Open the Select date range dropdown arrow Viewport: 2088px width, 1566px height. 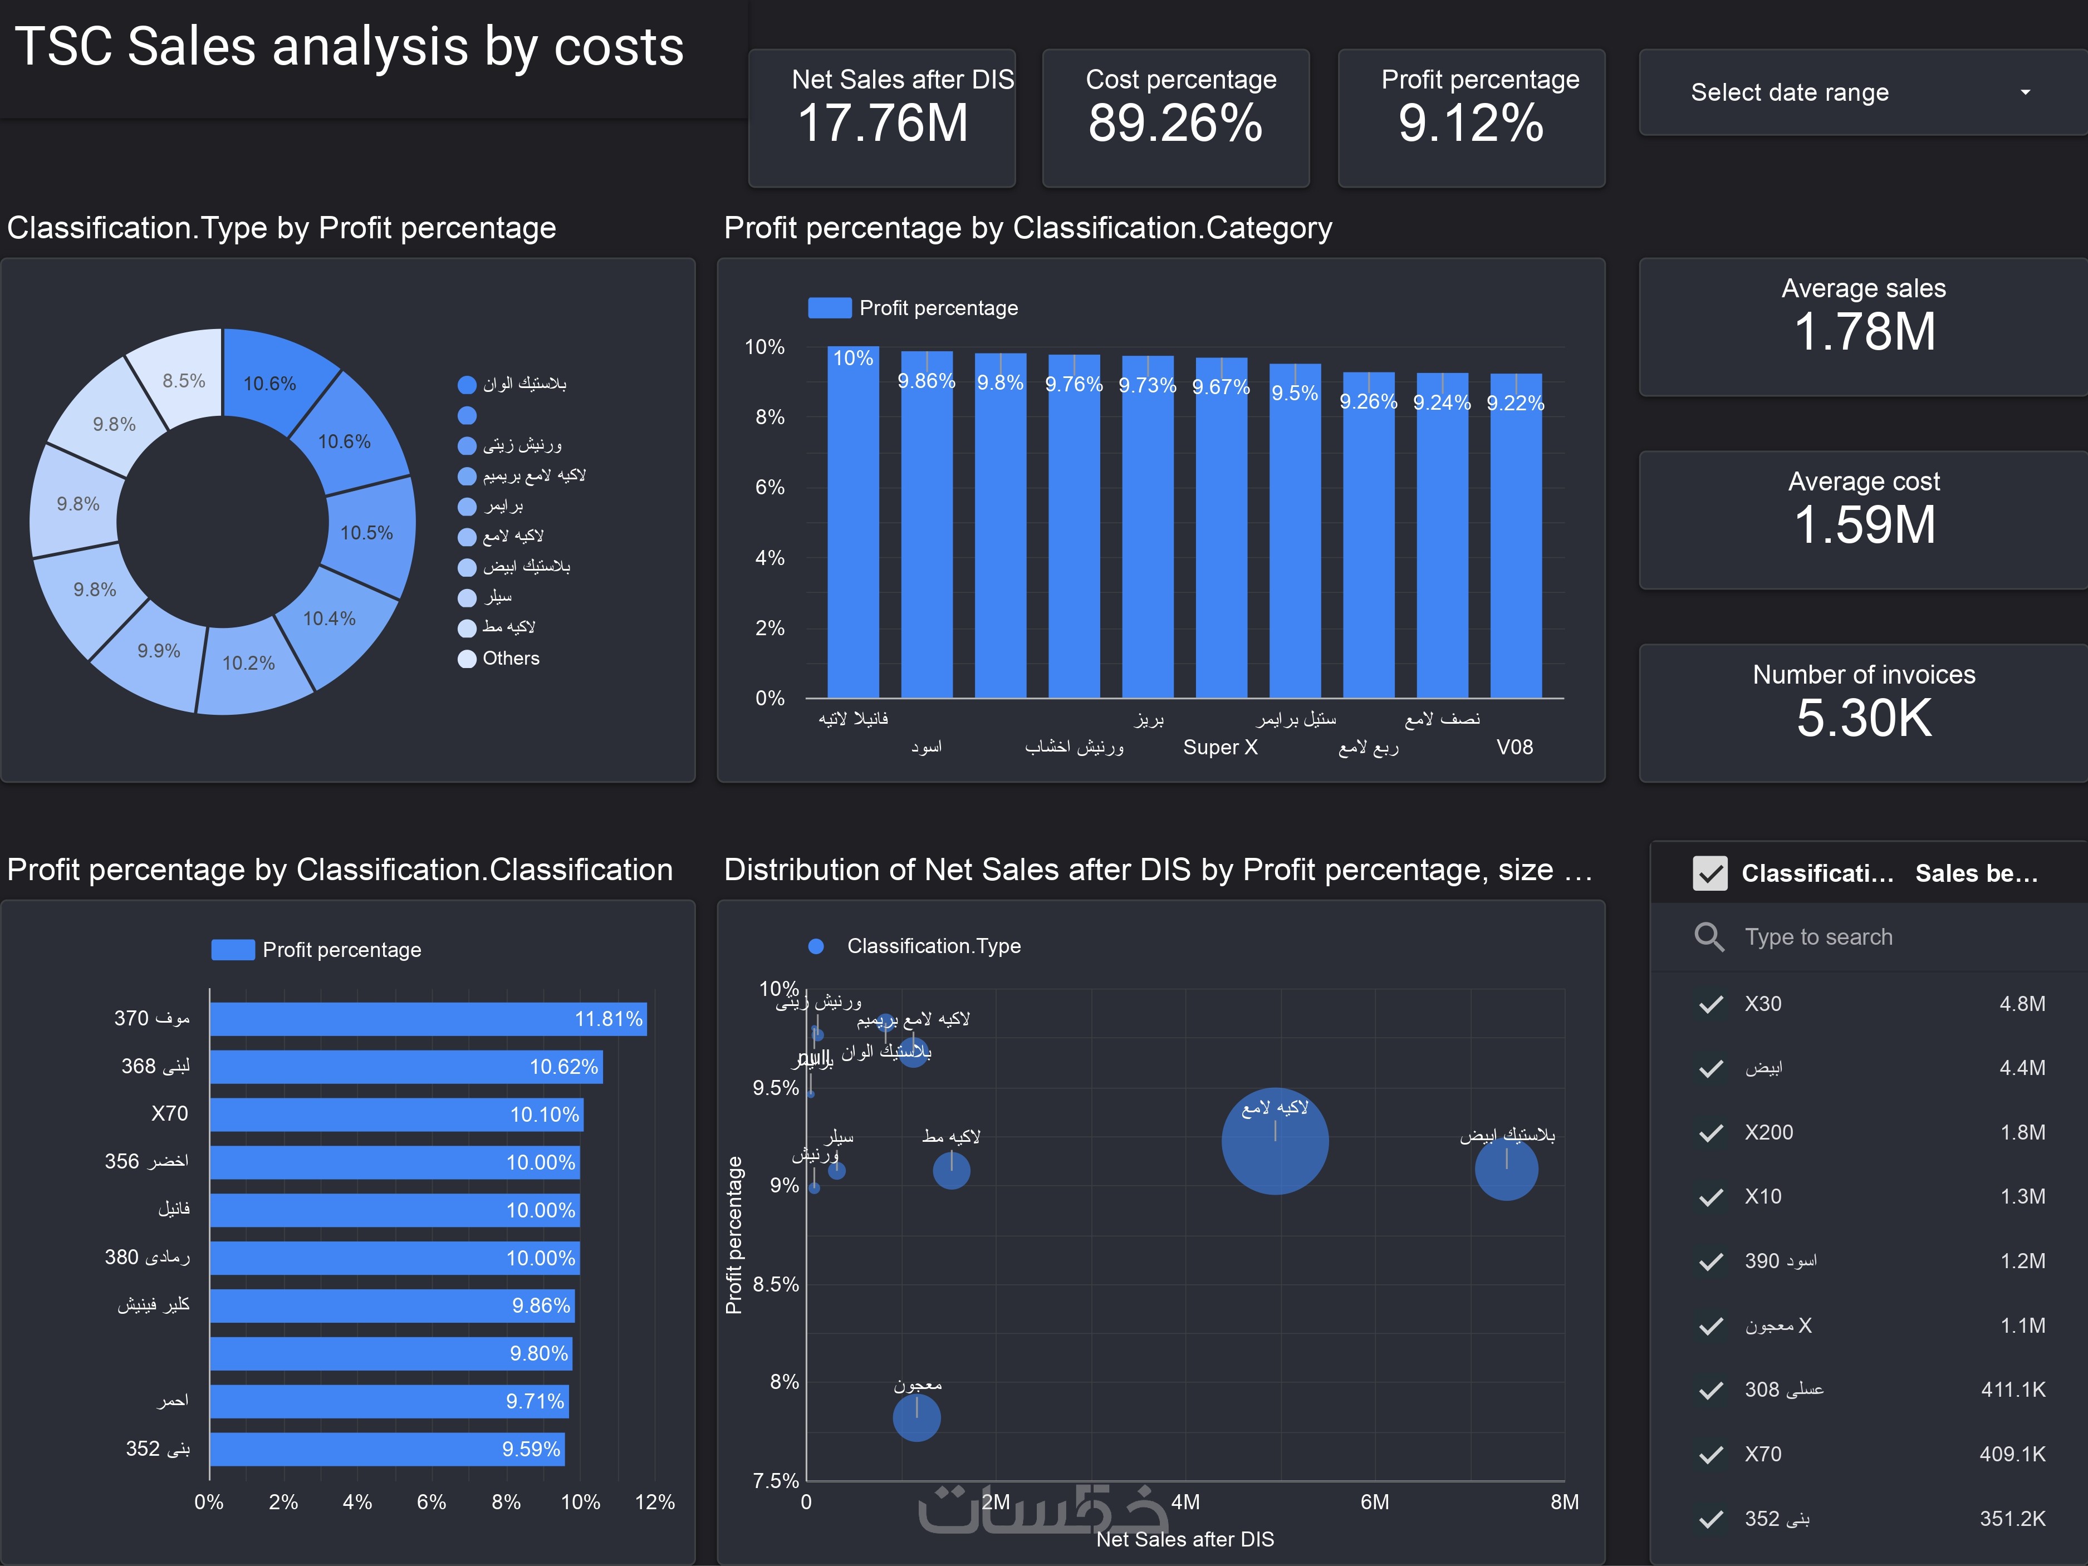click(2025, 92)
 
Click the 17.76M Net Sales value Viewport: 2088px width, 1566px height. click(883, 124)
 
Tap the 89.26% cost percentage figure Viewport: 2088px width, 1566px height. click(1175, 124)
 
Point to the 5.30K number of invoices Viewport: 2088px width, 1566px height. click(1864, 718)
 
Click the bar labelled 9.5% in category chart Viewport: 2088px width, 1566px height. click(1294, 529)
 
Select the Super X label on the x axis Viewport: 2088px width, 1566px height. click(1219, 748)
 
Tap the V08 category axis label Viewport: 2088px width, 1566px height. click(1514, 748)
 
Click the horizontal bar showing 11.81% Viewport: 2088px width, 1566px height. click(428, 1019)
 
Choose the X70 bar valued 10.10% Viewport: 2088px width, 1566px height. click(396, 1115)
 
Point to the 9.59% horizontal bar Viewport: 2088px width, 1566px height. click(387, 1449)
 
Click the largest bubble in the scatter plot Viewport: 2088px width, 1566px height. click(1275, 1142)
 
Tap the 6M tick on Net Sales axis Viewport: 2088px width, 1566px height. click(1374, 1502)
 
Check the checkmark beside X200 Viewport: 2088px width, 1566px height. click(1710, 1133)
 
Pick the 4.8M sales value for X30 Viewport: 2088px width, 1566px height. click(2022, 1003)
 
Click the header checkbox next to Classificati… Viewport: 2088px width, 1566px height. click(1709, 873)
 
